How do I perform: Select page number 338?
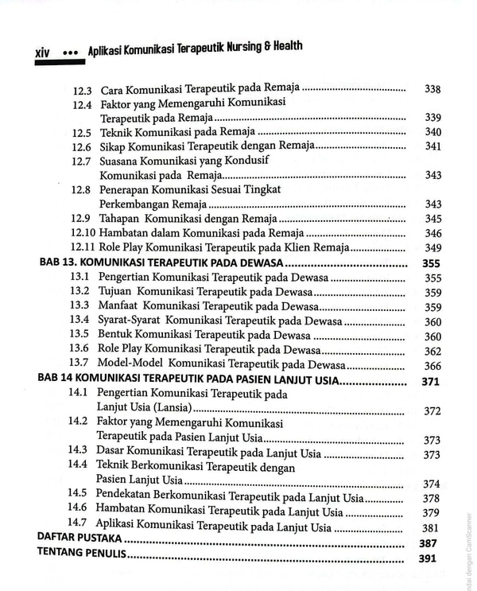[433, 89]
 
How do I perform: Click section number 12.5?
[81, 132]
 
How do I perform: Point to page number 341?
[433, 146]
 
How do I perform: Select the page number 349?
[433, 248]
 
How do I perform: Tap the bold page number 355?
[432, 263]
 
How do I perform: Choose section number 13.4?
[79, 321]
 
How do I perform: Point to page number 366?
[432, 365]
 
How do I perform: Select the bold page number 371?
[431, 382]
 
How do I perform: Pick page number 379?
[431, 512]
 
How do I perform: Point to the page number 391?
[429, 559]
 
